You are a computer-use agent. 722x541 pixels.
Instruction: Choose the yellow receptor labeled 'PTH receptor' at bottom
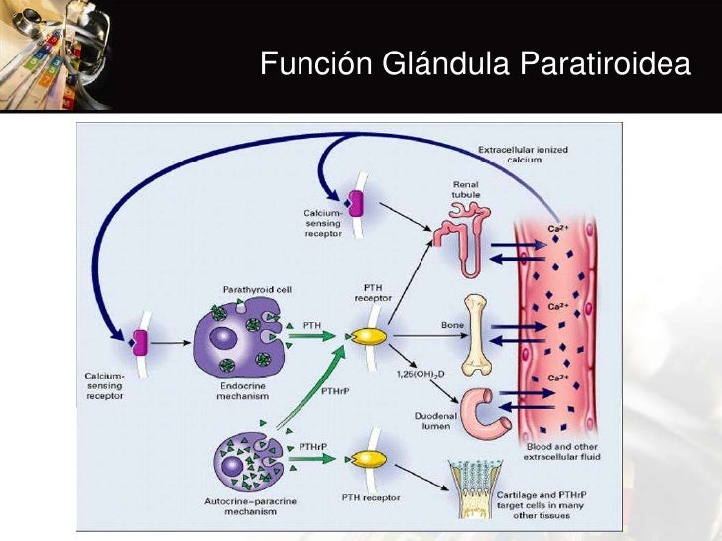(x=368, y=460)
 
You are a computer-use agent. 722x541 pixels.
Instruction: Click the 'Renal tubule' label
(x=464, y=190)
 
